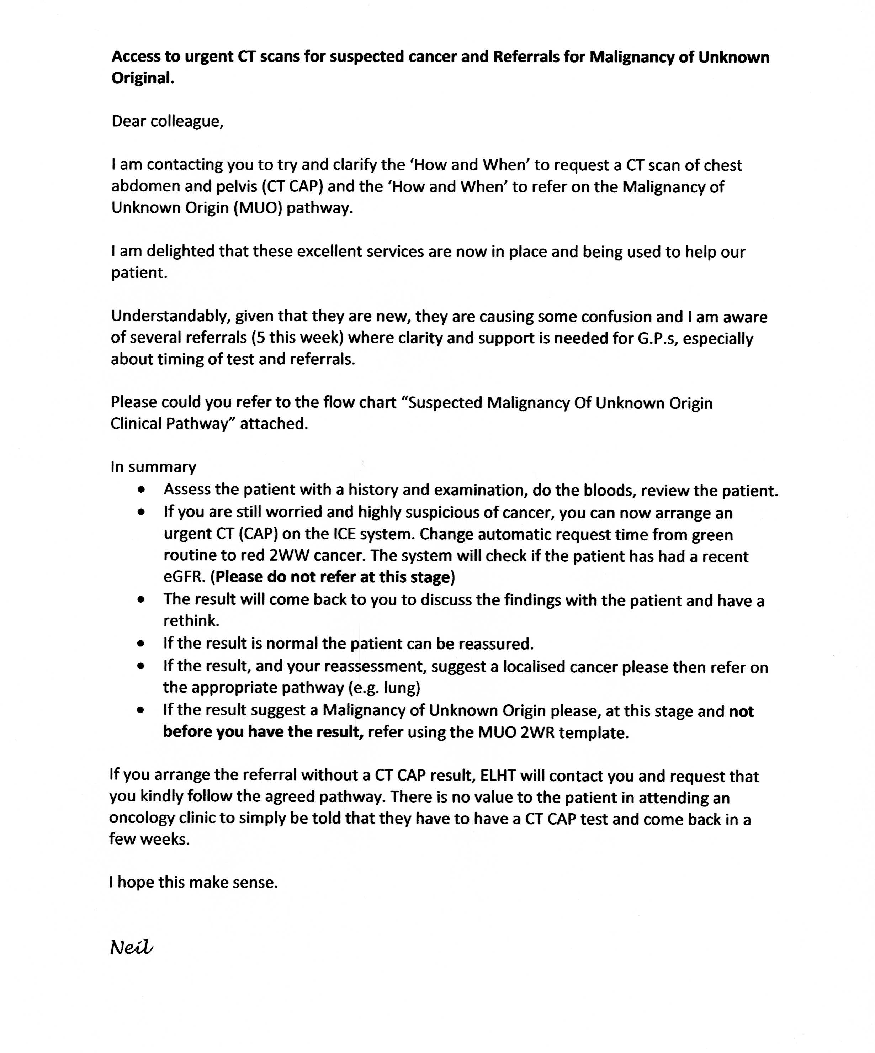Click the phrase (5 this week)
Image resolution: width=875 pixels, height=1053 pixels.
pos(297,338)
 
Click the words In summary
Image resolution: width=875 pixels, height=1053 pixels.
pos(153,467)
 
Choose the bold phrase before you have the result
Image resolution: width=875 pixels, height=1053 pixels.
pos(263,732)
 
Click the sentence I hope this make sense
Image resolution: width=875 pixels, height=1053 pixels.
pos(193,882)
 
